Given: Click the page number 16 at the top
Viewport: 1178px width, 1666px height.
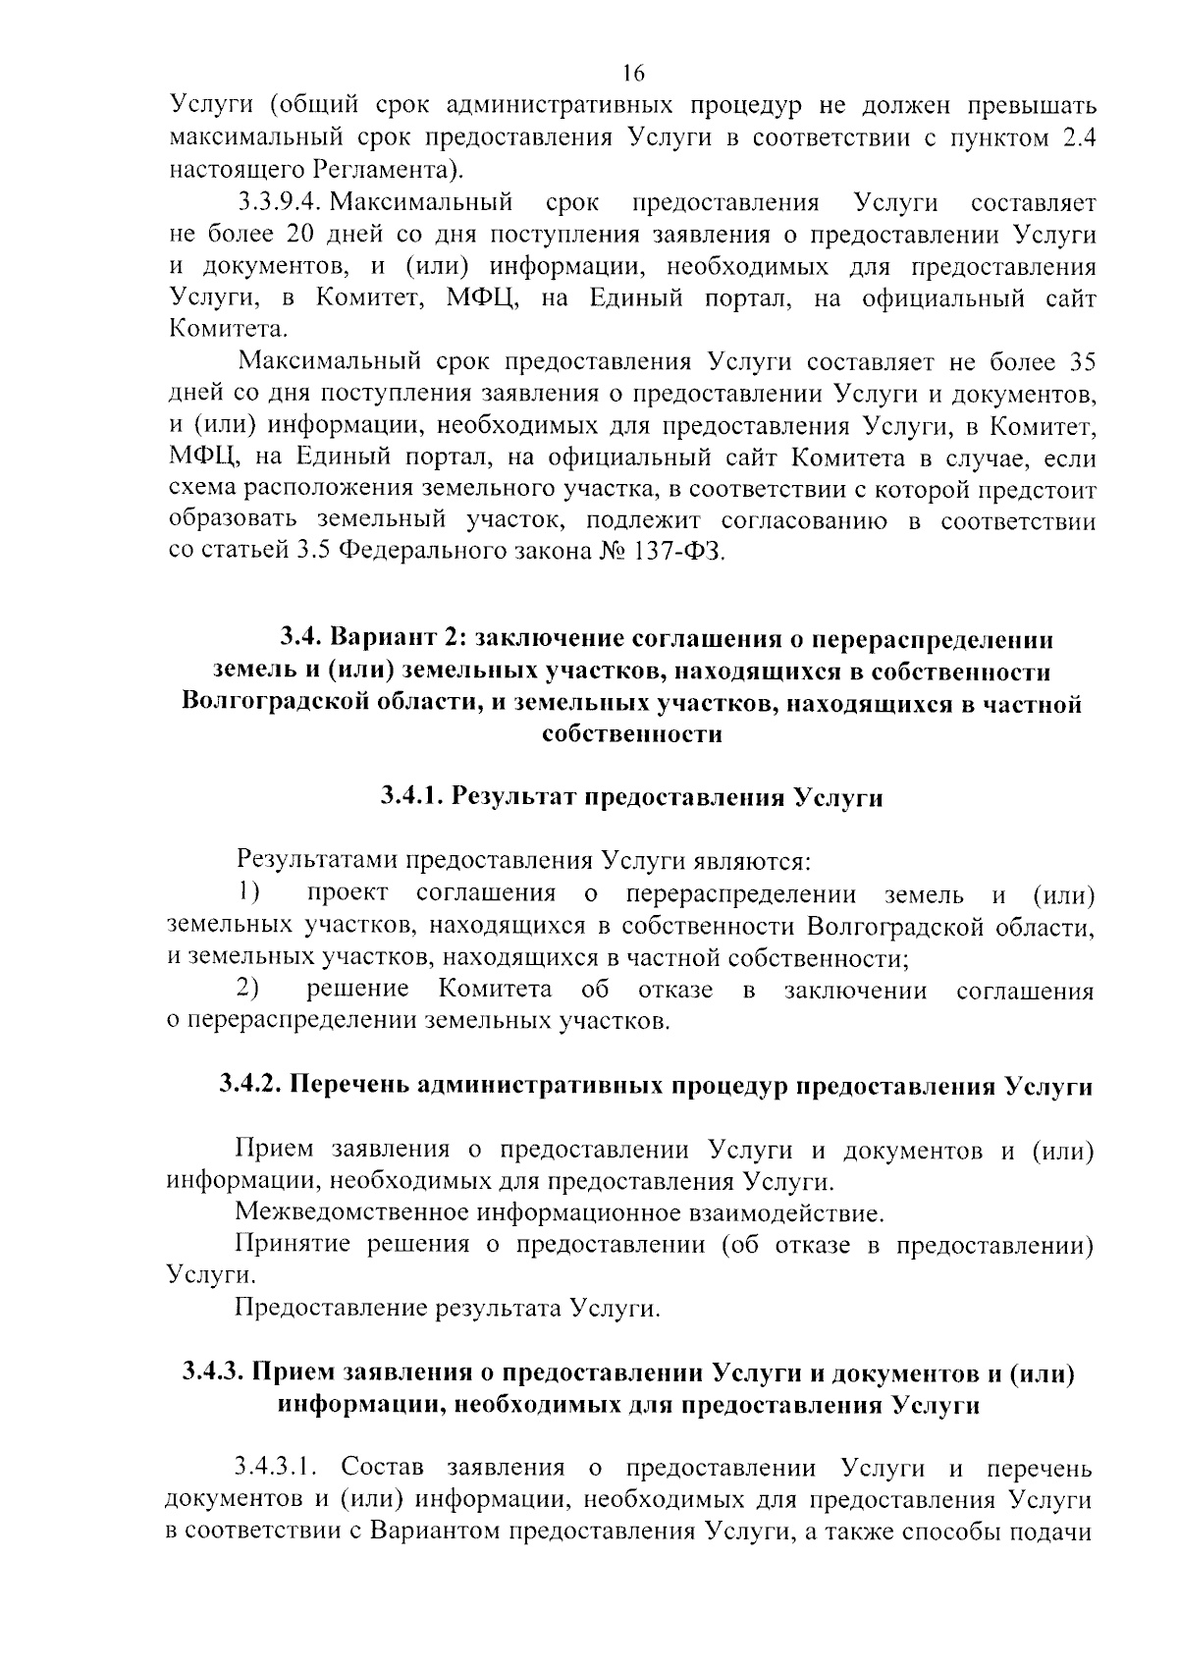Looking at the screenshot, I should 632,74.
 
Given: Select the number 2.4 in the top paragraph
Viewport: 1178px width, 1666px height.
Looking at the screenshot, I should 1077,137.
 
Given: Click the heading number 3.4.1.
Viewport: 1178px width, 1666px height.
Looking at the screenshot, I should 412,798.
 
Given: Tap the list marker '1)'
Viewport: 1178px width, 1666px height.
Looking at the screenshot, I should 249,893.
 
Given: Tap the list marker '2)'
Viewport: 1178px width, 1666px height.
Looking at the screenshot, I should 249,989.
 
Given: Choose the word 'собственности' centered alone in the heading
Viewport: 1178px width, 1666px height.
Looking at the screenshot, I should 632,735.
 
